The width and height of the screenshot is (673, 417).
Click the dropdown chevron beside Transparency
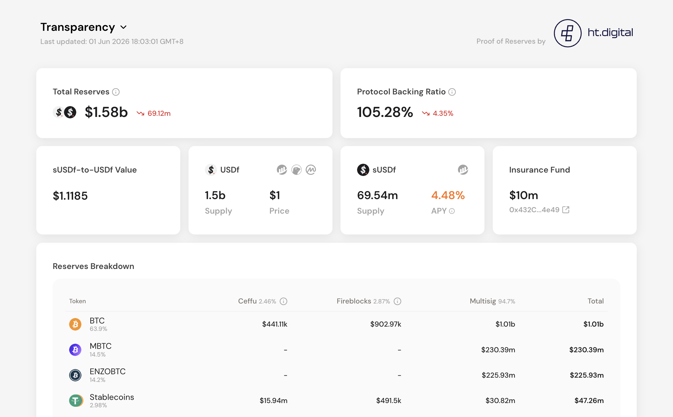click(x=123, y=27)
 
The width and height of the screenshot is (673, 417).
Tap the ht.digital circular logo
click(x=568, y=33)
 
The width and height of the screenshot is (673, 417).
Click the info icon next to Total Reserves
click(x=116, y=92)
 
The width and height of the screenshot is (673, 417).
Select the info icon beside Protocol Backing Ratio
click(x=452, y=92)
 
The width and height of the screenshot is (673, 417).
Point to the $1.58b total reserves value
click(x=106, y=112)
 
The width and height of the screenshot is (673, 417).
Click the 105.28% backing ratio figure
click(x=385, y=112)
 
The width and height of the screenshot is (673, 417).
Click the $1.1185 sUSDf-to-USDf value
click(x=70, y=196)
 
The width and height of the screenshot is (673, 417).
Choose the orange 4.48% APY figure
click(x=448, y=195)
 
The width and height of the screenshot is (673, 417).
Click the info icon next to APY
click(x=452, y=211)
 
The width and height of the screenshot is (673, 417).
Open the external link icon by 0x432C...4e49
click(x=566, y=210)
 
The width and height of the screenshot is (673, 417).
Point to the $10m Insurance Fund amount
click(x=524, y=195)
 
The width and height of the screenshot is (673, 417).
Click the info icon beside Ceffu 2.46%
click(x=283, y=301)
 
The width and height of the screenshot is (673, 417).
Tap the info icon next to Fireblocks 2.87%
click(x=397, y=301)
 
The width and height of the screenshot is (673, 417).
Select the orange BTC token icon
click(x=75, y=324)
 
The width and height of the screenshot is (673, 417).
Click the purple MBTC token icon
click(x=75, y=350)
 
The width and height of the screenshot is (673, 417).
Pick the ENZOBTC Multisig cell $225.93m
click(x=498, y=375)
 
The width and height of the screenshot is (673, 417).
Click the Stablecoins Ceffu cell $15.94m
click(x=273, y=401)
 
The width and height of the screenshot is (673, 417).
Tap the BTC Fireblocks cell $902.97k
click(x=386, y=324)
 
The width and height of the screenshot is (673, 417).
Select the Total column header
click(x=596, y=301)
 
